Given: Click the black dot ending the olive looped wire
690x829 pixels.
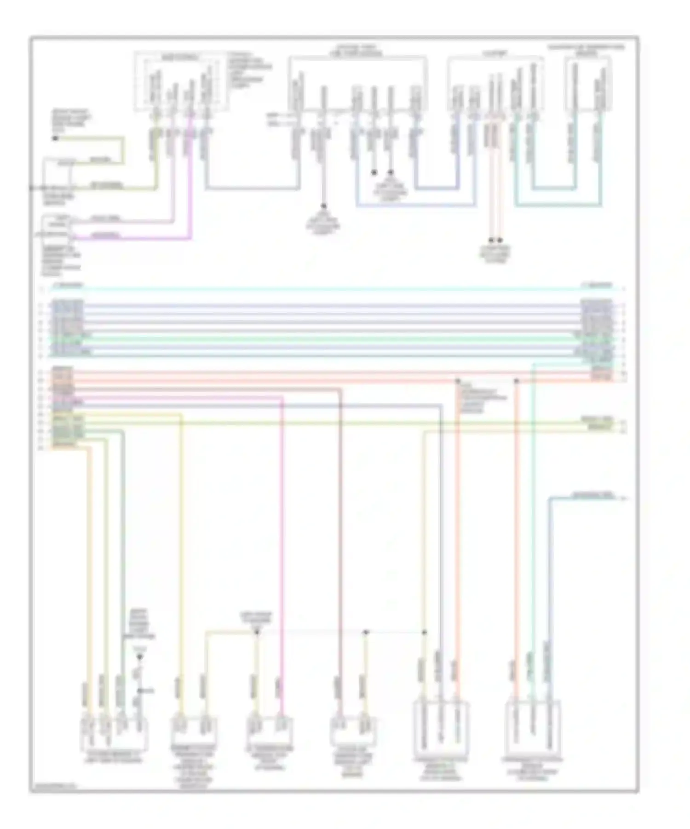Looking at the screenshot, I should click(x=55, y=138).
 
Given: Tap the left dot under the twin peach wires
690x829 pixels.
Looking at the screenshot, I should click(x=491, y=240).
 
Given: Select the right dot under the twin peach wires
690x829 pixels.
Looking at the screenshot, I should click(x=500, y=240).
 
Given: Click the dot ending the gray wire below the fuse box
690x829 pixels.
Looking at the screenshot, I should click(x=324, y=206).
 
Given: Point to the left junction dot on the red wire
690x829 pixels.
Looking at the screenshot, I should click(x=458, y=381).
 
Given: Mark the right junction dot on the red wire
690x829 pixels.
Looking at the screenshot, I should click(x=516, y=381).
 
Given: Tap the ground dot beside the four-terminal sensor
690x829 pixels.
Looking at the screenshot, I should click(x=140, y=657).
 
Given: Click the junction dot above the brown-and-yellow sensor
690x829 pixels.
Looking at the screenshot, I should click(x=366, y=633).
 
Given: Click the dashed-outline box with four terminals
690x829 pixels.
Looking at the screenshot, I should click(x=181, y=82).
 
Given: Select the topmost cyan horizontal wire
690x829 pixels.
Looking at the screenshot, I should click(x=331, y=289).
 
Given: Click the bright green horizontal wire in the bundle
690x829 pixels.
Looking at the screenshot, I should click(x=331, y=339).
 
